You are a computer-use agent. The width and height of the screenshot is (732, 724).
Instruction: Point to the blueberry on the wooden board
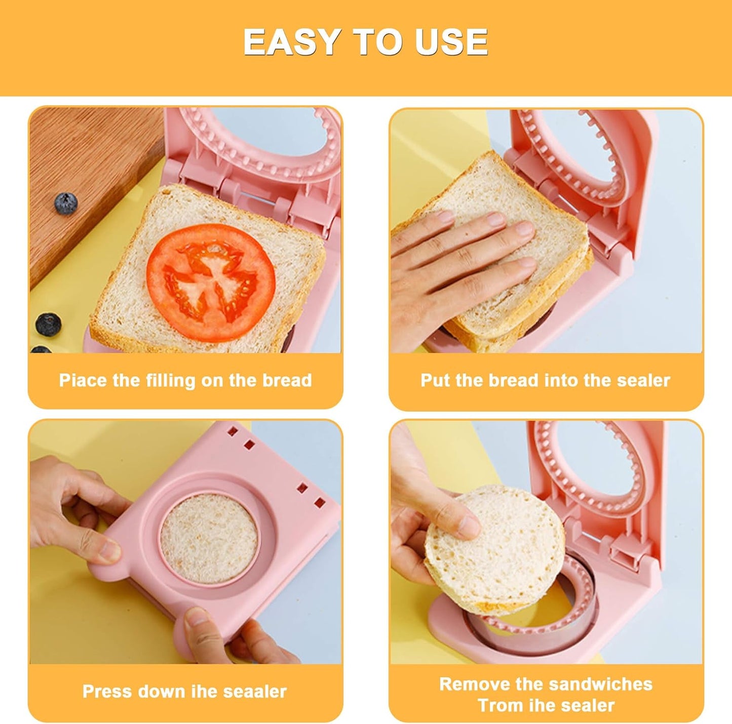(66, 203)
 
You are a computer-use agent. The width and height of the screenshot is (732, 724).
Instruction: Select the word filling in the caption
(172, 380)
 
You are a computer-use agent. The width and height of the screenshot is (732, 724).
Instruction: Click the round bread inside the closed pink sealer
(209, 538)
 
